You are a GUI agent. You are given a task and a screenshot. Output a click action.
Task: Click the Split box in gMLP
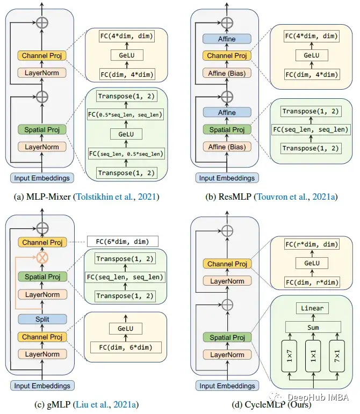coord(42,319)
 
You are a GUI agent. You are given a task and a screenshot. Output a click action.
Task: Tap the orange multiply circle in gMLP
coord(42,257)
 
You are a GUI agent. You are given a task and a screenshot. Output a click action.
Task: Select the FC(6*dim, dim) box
coord(123,241)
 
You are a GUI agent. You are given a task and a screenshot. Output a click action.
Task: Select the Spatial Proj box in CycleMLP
coord(227,338)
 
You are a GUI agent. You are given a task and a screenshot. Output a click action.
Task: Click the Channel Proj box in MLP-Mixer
coord(42,55)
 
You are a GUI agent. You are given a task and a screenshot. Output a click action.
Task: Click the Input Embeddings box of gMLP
coord(42,385)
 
